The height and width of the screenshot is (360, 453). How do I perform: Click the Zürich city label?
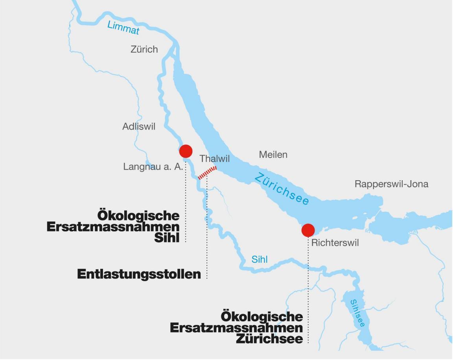click(144, 49)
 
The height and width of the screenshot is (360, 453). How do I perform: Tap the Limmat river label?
click(123, 28)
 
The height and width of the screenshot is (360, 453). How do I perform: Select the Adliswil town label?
click(139, 127)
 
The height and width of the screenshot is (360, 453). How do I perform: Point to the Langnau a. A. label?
click(153, 166)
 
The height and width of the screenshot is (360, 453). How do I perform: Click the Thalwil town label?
click(214, 159)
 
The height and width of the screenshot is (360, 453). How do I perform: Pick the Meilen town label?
click(273, 155)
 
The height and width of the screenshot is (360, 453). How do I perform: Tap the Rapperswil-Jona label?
click(391, 184)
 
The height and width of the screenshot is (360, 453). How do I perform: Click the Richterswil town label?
click(335, 243)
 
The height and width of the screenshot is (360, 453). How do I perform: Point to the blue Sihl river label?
click(260, 259)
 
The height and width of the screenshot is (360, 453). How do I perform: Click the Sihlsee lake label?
click(358, 313)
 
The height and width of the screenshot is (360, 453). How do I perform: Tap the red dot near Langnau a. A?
click(186, 151)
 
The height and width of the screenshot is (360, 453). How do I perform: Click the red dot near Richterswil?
click(308, 230)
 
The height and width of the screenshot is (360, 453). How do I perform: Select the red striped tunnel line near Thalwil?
click(207, 173)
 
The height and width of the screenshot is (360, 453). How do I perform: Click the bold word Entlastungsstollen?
click(139, 274)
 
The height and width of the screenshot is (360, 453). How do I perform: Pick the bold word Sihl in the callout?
click(167, 238)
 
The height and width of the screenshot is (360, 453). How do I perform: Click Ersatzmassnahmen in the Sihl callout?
click(113, 227)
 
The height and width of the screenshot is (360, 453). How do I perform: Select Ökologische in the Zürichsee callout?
click(262, 317)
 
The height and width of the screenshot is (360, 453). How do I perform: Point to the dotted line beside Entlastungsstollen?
click(207, 236)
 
